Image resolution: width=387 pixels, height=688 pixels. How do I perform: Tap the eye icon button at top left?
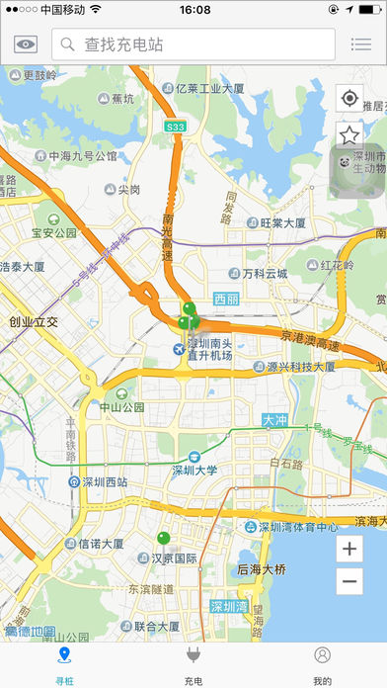(25, 43)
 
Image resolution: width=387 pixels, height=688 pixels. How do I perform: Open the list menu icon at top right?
(361, 43)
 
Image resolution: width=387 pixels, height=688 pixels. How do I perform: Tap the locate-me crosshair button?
(348, 98)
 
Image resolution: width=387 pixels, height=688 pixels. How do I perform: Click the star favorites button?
(348, 134)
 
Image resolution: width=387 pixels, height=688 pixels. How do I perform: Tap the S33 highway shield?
(175, 127)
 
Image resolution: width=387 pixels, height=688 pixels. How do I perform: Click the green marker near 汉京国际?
(163, 537)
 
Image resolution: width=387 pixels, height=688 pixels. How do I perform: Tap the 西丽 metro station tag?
(226, 299)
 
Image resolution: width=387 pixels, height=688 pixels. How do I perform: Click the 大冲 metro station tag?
(275, 420)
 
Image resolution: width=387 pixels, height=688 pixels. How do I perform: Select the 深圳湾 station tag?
(229, 606)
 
